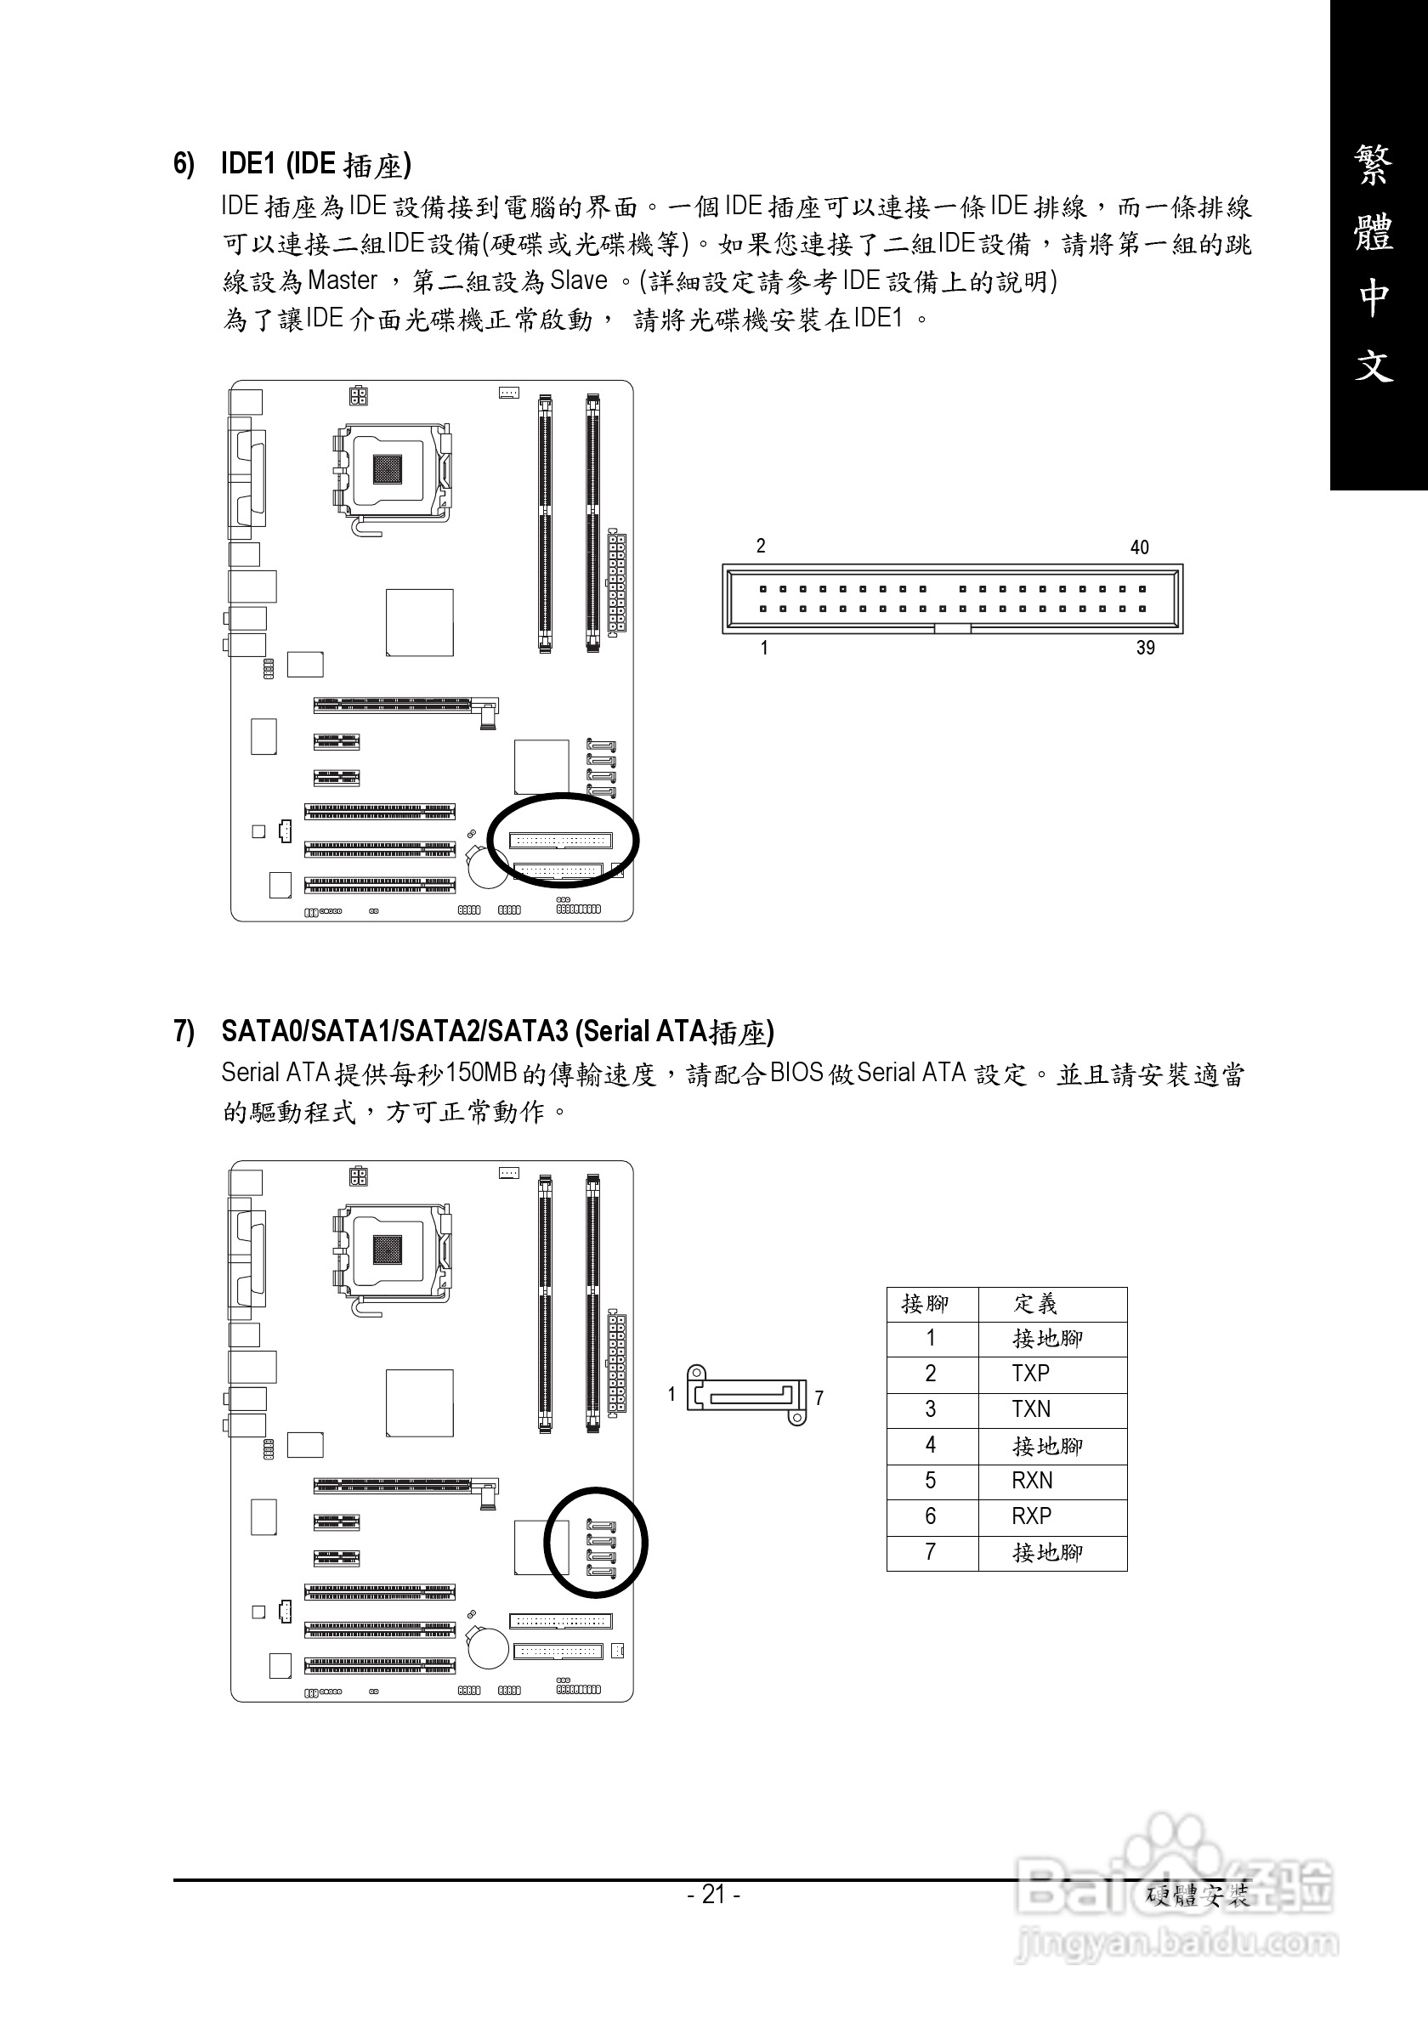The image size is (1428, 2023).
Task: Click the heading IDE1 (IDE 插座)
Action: (314, 165)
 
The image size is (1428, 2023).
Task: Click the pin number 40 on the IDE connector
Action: (1139, 547)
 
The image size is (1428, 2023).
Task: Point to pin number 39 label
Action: (1144, 648)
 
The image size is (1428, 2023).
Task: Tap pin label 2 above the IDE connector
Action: (761, 547)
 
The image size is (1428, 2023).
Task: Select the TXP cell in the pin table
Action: (1031, 1374)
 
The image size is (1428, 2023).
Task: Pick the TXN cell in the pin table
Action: (1031, 1409)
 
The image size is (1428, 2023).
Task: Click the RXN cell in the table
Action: (1032, 1480)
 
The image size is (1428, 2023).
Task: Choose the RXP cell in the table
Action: (1031, 1516)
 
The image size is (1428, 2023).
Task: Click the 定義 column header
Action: (1035, 1303)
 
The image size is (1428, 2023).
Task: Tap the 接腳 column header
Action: (925, 1303)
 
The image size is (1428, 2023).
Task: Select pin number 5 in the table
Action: (930, 1480)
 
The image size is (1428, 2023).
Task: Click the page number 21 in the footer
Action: (713, 1894)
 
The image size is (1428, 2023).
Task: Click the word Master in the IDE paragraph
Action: (343, 281)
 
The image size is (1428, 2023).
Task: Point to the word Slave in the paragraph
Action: (579, 281)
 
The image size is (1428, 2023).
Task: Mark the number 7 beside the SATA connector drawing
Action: (819, 1397)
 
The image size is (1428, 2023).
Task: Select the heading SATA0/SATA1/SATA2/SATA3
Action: (396, 1031)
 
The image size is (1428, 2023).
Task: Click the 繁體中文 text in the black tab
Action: (1374, 264)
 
